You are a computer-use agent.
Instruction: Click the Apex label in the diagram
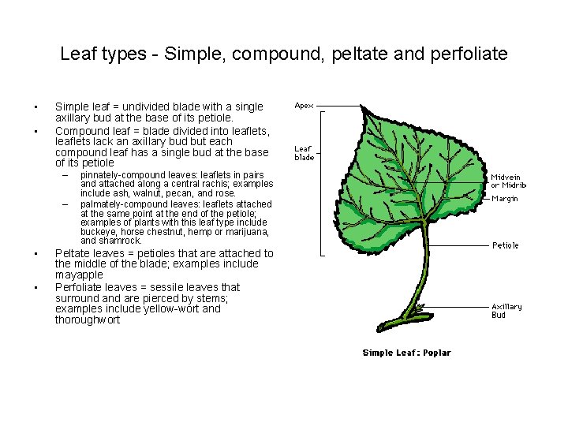click(x=304, y=105)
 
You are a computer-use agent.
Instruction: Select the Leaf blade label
click(x=305, y=152)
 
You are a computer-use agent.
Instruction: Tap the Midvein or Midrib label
click(x=508, y=181)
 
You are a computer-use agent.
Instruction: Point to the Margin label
click(x=504, y=199)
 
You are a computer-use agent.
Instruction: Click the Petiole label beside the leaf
click(x=506, y=245)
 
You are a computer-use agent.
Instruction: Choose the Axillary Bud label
click(x=506, y=310)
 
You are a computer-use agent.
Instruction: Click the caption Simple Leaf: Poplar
click(x=406, y=353)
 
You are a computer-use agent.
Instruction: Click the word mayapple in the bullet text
click(x=79, y=275)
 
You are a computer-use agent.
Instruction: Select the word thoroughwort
click(x=88, y=319)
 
